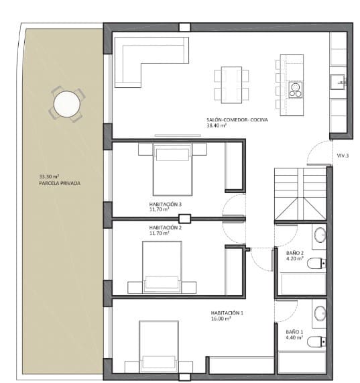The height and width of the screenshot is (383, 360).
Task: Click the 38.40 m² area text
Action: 217,125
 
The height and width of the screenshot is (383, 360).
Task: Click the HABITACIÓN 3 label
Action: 166,203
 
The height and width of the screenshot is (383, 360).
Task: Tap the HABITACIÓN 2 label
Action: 166,227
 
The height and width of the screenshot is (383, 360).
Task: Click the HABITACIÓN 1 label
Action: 227,313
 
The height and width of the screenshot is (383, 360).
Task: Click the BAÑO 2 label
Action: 294,253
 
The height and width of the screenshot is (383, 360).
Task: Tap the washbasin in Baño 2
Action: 320,235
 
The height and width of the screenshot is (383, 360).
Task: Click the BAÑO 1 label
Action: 294,331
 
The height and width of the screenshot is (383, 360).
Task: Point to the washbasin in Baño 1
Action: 320,313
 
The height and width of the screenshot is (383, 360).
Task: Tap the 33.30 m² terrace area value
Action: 49,177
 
